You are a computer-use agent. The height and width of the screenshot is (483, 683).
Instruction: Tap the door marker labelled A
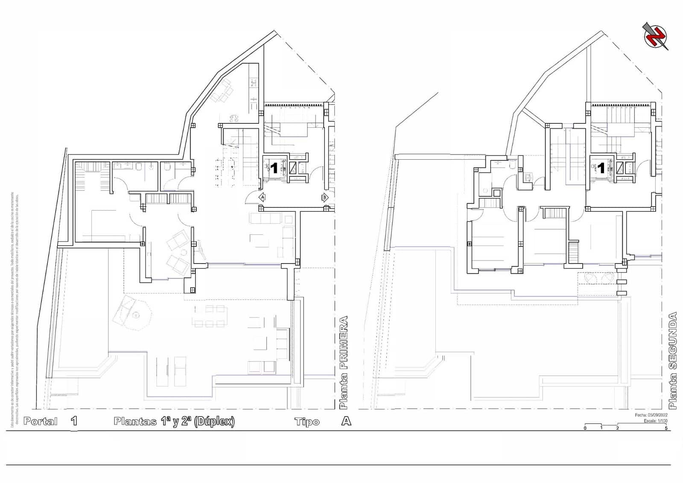coord(263,197)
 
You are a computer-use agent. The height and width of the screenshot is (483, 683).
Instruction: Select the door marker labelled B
coord(325,197)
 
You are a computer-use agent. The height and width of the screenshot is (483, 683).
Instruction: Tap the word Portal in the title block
coord(41,422)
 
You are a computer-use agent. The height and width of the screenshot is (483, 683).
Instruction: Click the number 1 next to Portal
coord(74,421)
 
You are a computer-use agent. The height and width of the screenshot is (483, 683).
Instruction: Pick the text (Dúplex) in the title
coord(214,422)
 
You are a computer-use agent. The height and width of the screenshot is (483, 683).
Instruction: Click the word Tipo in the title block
coord(307,422)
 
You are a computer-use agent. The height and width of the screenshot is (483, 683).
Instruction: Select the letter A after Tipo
coord(346,421)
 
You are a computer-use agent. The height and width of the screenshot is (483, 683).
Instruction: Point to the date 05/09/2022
coord(658,415)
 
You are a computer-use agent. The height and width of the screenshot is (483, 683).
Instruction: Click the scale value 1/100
coord(662,421)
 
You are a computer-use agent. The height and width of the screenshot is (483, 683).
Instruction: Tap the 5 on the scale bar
coord(666,428)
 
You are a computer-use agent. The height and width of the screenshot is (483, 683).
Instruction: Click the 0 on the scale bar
coord(585,428)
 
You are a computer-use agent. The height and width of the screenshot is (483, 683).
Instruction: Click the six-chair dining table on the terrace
coord(209,316)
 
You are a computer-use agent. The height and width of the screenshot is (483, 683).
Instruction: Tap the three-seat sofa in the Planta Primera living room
coord(266,218)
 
